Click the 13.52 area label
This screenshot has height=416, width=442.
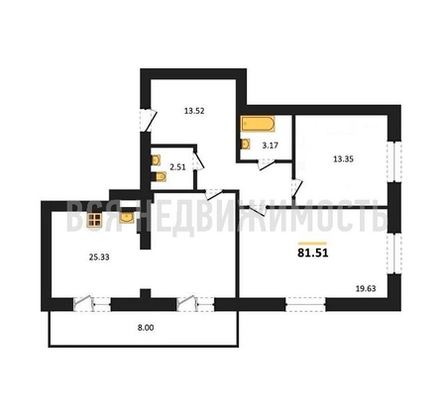tap(194, 111)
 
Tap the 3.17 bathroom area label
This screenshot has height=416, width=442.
tap(271, 145)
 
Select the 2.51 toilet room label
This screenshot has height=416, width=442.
tap(177, 167)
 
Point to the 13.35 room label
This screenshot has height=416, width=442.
tap(343, 159)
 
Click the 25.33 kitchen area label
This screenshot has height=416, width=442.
tap(99, 258)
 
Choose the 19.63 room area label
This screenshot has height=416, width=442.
tap(366, 288)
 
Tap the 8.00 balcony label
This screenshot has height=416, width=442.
tap(146, 328)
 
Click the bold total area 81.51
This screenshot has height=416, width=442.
tap(313, 253)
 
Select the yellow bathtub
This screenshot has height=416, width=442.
tap(258, 124)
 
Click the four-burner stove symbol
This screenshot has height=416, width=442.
tap(94, 220)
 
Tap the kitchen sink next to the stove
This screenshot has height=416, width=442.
tap(127, 218)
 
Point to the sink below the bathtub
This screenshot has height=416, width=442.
tap(246, 144)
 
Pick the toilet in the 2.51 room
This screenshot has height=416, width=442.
tap(161, 177)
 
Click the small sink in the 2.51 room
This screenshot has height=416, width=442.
tap(156, 160)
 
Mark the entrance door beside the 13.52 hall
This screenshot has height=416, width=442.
tap(148, 120)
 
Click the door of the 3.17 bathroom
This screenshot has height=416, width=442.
tap(267, 164)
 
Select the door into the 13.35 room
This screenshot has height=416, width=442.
tap(297, 188)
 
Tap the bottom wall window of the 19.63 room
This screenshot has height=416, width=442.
tap(305, 304)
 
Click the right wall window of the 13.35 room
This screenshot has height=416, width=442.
tap(394, 161)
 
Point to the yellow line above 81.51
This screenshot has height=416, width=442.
tap(312, 244)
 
